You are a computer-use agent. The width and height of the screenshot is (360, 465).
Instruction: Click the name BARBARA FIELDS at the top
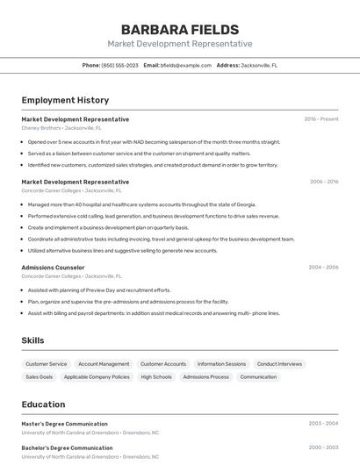[179, 30]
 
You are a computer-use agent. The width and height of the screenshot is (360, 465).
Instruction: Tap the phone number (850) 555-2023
[119, 65]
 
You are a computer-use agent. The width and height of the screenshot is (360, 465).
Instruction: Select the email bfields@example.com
[186, 65]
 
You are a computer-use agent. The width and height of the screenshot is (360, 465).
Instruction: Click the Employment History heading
[65, 100]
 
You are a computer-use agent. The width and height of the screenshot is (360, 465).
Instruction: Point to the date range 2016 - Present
[321, 119]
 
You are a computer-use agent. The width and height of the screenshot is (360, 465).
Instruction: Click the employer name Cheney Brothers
[41, 128]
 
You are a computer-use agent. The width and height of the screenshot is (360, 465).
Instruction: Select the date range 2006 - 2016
[324, 182]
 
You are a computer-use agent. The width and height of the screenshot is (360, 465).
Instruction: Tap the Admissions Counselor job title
[53, 268]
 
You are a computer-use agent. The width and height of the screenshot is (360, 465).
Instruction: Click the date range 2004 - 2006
[323, 268]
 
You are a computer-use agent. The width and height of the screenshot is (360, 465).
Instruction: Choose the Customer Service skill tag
[47, 364]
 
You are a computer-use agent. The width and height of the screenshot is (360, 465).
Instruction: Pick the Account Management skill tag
[104, 364]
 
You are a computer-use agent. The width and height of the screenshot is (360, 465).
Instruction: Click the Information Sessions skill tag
[221, 364]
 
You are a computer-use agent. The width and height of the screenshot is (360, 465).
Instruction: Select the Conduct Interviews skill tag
[279, 364]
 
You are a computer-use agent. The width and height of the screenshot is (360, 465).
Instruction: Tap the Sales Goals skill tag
[40, 377]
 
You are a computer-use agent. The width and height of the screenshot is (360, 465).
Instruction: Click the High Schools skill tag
[156, 377]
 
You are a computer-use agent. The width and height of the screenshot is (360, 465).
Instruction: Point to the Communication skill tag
[258, 377]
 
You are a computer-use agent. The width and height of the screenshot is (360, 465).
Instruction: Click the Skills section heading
[32, 340]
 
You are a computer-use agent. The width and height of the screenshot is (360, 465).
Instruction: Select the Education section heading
[43, 404]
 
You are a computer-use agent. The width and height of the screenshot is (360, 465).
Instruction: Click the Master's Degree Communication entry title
[64, 424]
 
